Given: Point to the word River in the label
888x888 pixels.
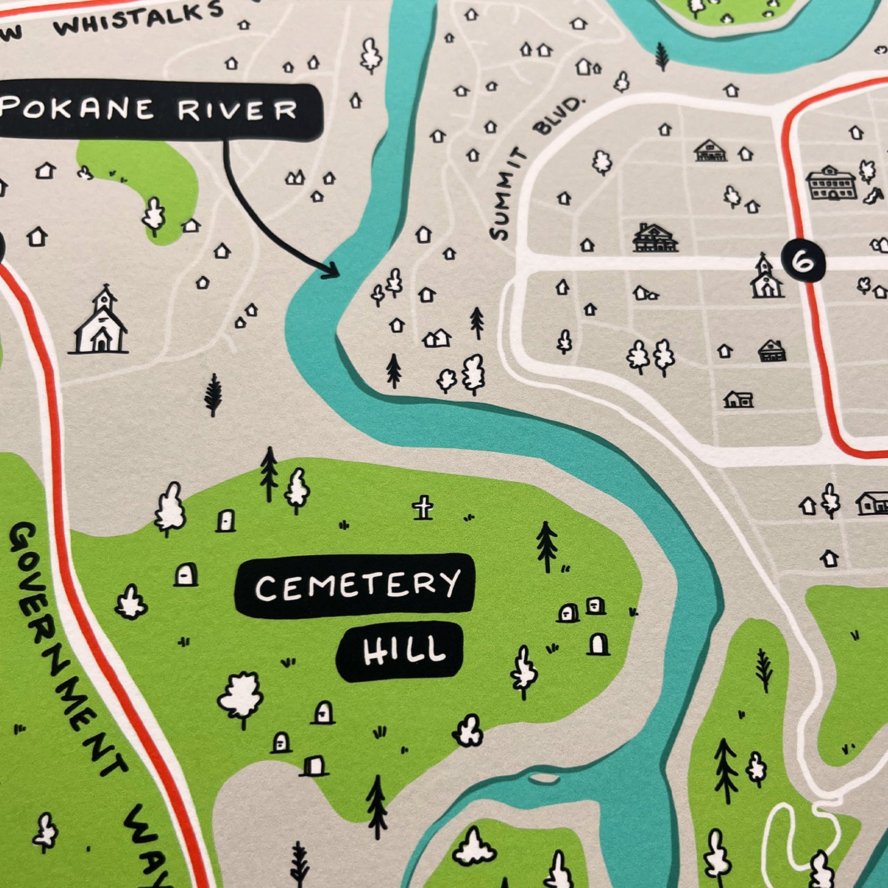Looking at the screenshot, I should [237, 110].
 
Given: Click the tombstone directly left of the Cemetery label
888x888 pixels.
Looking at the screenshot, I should [186, 575].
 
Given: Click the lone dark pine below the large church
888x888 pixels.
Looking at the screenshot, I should [213, 394].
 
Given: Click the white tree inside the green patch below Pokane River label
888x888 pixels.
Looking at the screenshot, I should [153, 216].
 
